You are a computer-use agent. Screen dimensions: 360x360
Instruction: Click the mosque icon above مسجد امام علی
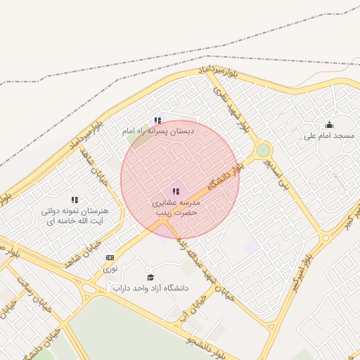point(329,124)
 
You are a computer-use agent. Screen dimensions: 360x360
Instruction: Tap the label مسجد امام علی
point(329,135)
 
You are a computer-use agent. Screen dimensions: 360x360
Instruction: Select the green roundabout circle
point(263,150)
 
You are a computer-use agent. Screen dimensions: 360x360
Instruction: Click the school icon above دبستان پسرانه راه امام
point(157,120)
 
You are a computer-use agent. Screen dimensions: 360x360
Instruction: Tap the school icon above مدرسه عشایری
point(175,191)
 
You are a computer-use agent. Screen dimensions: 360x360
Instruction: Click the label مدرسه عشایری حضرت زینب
point(175,207)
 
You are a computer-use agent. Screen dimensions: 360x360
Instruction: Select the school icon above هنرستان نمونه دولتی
point(75,200)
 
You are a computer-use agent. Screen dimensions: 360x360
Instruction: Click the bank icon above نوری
point(110,257)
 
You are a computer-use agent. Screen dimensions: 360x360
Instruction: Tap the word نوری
point(110,268)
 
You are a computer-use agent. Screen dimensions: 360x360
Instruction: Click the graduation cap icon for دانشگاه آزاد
point(149,277)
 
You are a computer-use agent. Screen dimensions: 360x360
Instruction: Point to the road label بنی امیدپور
point(276,175)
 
